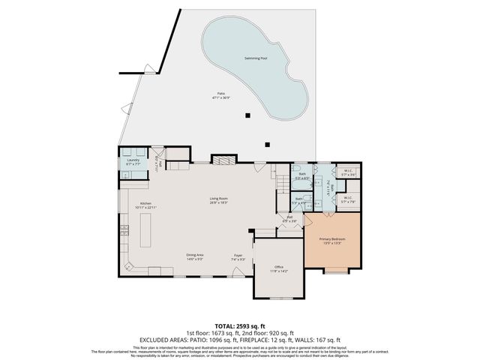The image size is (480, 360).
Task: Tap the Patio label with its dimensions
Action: point(217,95)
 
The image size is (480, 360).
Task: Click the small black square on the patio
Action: point(247,115)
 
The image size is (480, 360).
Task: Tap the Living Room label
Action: point(218,200)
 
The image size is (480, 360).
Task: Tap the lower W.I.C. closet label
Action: point(348,200)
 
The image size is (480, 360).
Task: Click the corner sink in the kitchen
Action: point(128,265)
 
